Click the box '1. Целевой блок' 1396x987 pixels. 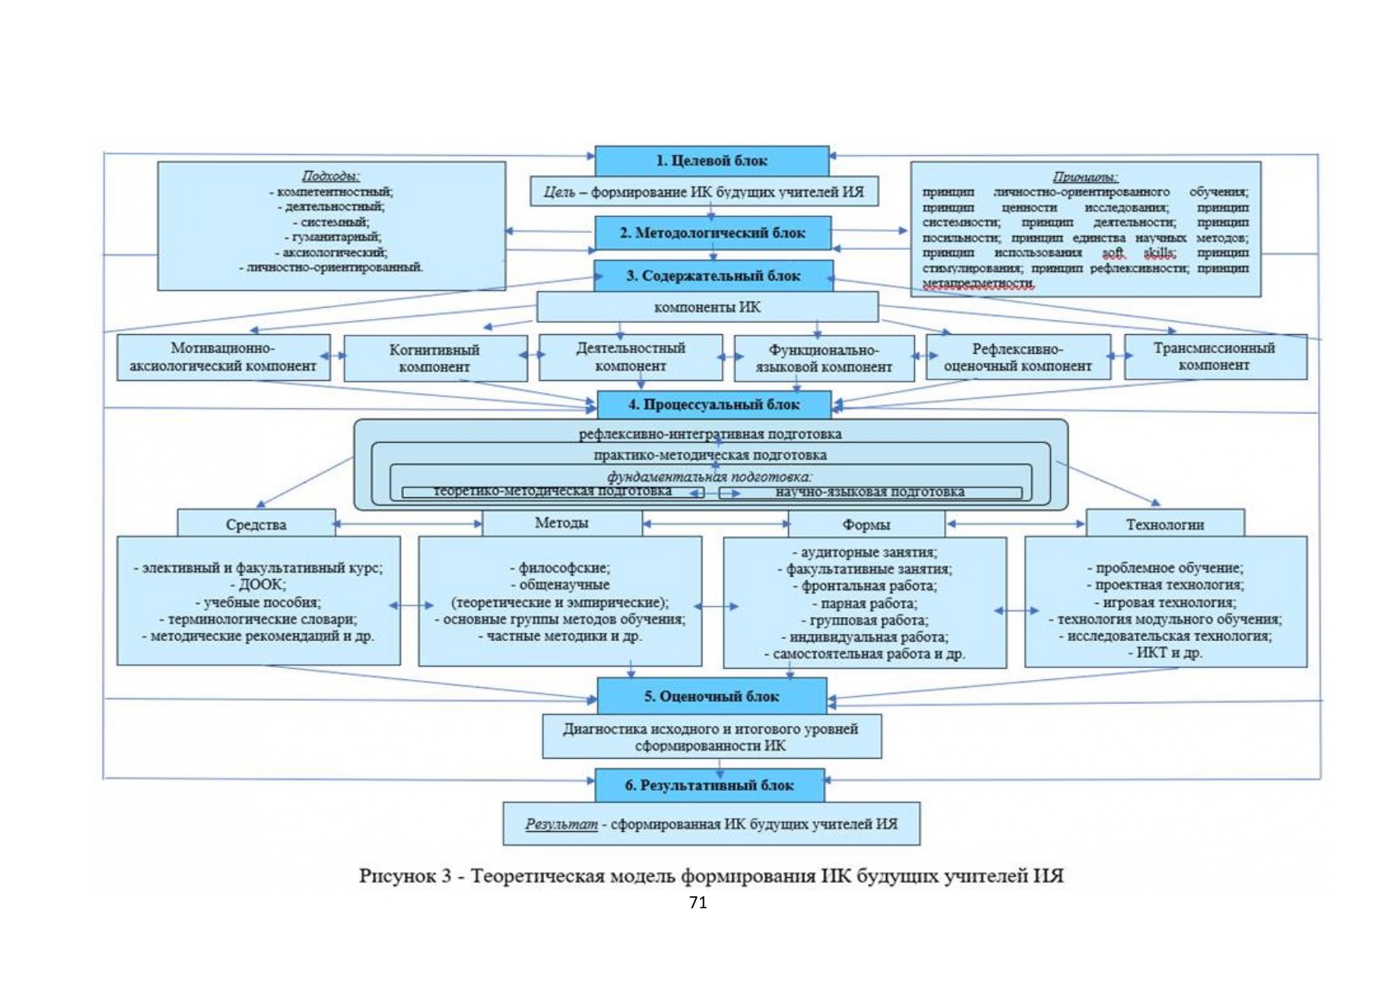[x=711, y=161]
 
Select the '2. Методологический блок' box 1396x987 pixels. [x=712, y=233]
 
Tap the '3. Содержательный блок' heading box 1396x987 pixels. [x=713, y=276]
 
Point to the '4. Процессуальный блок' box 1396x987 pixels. [x=714, y=405]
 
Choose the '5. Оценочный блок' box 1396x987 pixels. [x=711, y=697]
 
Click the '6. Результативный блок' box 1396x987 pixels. [x=709, y=786]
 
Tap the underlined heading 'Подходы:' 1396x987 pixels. [x=331, y=176]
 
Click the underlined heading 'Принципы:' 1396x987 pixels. [x=1085, y=177]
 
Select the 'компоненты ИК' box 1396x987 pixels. [x=707, y=307]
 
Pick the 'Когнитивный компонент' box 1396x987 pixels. [x=434, y=358]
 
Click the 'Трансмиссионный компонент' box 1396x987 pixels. [x=1214, y=356]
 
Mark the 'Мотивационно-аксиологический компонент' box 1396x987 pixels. [x=223, y=357]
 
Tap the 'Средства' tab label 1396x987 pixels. [x=255, y=525]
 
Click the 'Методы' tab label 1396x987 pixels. [x=562, y=523]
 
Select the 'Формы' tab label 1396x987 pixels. [x=865, y=525]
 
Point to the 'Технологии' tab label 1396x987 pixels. [x=1165, y=525]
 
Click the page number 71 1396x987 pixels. [x=698, y=902]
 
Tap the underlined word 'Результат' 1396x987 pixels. [x=561, y=824]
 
